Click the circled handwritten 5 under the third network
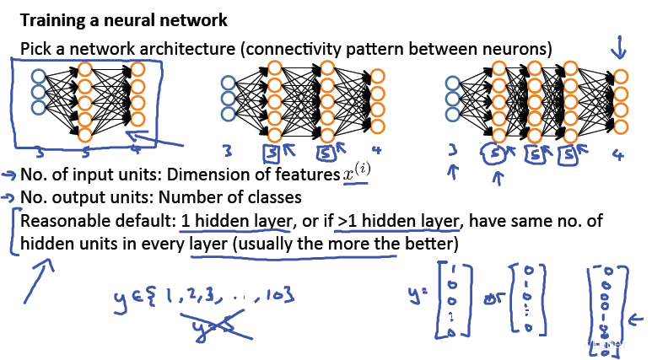pyautogui.click(x=498, y=155)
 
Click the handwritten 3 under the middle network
pyautogui.click(x=227, y=153)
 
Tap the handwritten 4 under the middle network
pyautogui.click(x=377, y=153)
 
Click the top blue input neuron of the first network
pyautogui.click(x=38, y=77)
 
